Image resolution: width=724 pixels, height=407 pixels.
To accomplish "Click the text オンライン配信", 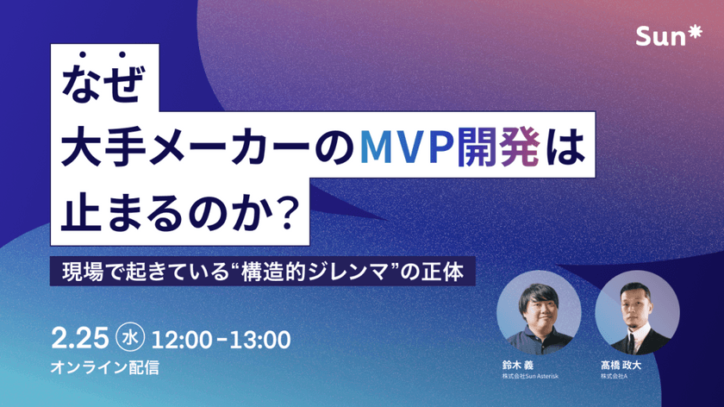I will click(105, 366).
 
